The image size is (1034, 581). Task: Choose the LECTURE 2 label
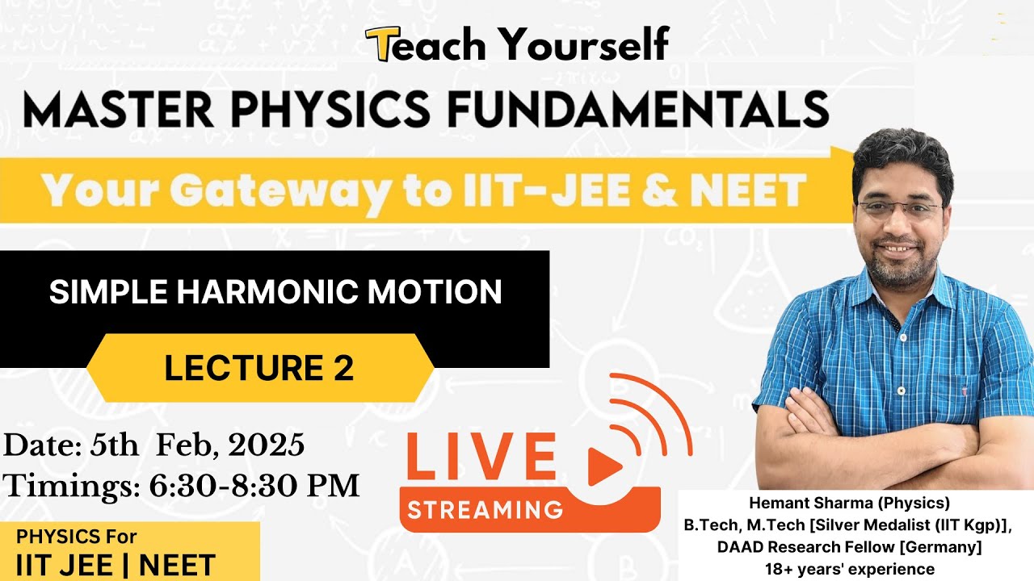pos(259,368)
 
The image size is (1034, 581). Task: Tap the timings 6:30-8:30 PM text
pos(254,486)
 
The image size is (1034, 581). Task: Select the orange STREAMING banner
pos(485,509)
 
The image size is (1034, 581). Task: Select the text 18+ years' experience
pos(849,569)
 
